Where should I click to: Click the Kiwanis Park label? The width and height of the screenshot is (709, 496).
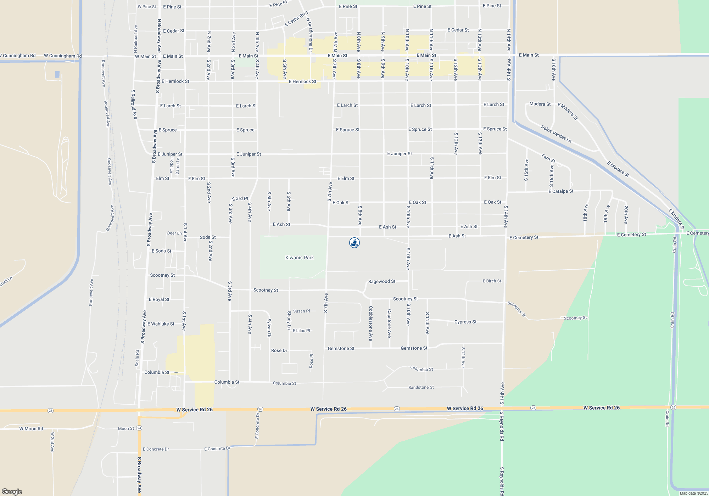(300, 258)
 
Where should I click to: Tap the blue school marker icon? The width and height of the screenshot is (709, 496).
(354, 243)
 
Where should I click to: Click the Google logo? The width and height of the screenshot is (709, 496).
(12, 491)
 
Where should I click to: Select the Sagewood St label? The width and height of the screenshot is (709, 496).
(382, 281)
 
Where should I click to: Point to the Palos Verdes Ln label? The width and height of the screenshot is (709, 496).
(556, 134)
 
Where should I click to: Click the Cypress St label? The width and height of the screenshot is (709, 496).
(465, 322)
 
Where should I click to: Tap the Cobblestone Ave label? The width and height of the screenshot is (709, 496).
(371, 323)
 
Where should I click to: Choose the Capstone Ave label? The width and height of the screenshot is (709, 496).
(389, 323)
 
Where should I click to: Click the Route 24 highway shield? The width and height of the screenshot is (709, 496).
(139, 428)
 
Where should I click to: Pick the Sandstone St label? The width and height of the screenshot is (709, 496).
(421, 387)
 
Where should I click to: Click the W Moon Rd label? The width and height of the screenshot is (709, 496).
(31, 429)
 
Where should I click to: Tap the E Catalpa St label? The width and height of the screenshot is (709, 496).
(561, 191)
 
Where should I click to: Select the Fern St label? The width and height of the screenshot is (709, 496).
(548, 158)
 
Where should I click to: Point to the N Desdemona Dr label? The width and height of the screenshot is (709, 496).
(310, 35)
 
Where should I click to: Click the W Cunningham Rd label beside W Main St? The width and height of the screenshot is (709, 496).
(63, 56)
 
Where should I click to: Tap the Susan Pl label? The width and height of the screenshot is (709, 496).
(301, 311)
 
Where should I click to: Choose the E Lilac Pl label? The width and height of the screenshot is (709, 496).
(301, 331)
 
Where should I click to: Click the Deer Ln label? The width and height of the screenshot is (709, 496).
(174, 233)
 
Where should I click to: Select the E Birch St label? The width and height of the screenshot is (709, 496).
(492, 281)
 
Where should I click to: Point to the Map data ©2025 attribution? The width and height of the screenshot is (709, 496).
(694, 493)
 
